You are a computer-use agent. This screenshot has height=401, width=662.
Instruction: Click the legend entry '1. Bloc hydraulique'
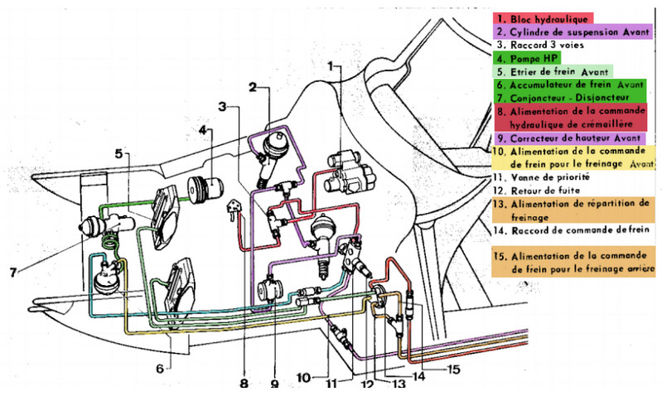(541, 17)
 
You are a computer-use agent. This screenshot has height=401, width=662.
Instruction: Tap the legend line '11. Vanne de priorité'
(539, 175)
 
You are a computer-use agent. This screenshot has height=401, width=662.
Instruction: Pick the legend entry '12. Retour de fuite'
(535, 189)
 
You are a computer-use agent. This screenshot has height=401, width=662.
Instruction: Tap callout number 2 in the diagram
(252, 85)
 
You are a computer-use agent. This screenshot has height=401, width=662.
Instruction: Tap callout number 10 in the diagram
(303, 378)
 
